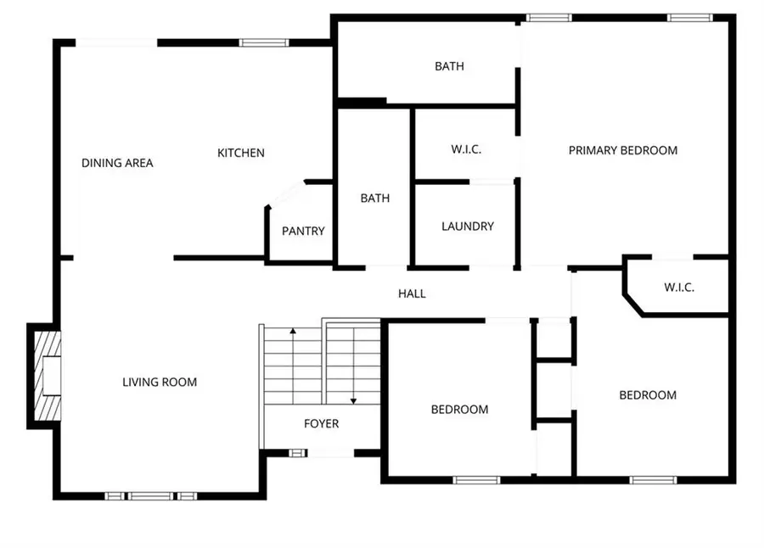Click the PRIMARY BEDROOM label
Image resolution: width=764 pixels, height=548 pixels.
click(623, 151)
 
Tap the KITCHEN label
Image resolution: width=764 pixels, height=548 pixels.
click(241, 154)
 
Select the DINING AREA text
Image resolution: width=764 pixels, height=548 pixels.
click(117, 163)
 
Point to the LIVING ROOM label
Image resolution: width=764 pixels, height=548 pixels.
click(160, 383)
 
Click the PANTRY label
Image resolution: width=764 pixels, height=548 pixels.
click(303, 231)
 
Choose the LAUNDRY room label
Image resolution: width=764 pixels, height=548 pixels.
click(468, 226)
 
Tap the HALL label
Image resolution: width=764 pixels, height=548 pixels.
click(412, 294)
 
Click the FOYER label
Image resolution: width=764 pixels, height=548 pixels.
click(322, 423)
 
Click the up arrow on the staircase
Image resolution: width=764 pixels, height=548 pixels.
click(293, 333)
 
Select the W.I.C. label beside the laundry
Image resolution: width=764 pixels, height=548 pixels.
click(466, 150)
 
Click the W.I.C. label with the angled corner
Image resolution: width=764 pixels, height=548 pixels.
click(679, 288)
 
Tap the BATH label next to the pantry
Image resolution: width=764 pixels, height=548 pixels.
click(375, 199)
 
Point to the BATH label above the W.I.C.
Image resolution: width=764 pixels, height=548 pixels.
click(449, 66)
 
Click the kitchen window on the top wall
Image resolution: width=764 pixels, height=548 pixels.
click(259, 42)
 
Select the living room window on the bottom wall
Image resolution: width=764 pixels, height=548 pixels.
click(152, 495)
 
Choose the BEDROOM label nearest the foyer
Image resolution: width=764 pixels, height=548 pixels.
click(459, 410)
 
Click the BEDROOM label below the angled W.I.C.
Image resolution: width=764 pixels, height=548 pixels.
click(648, 395)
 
